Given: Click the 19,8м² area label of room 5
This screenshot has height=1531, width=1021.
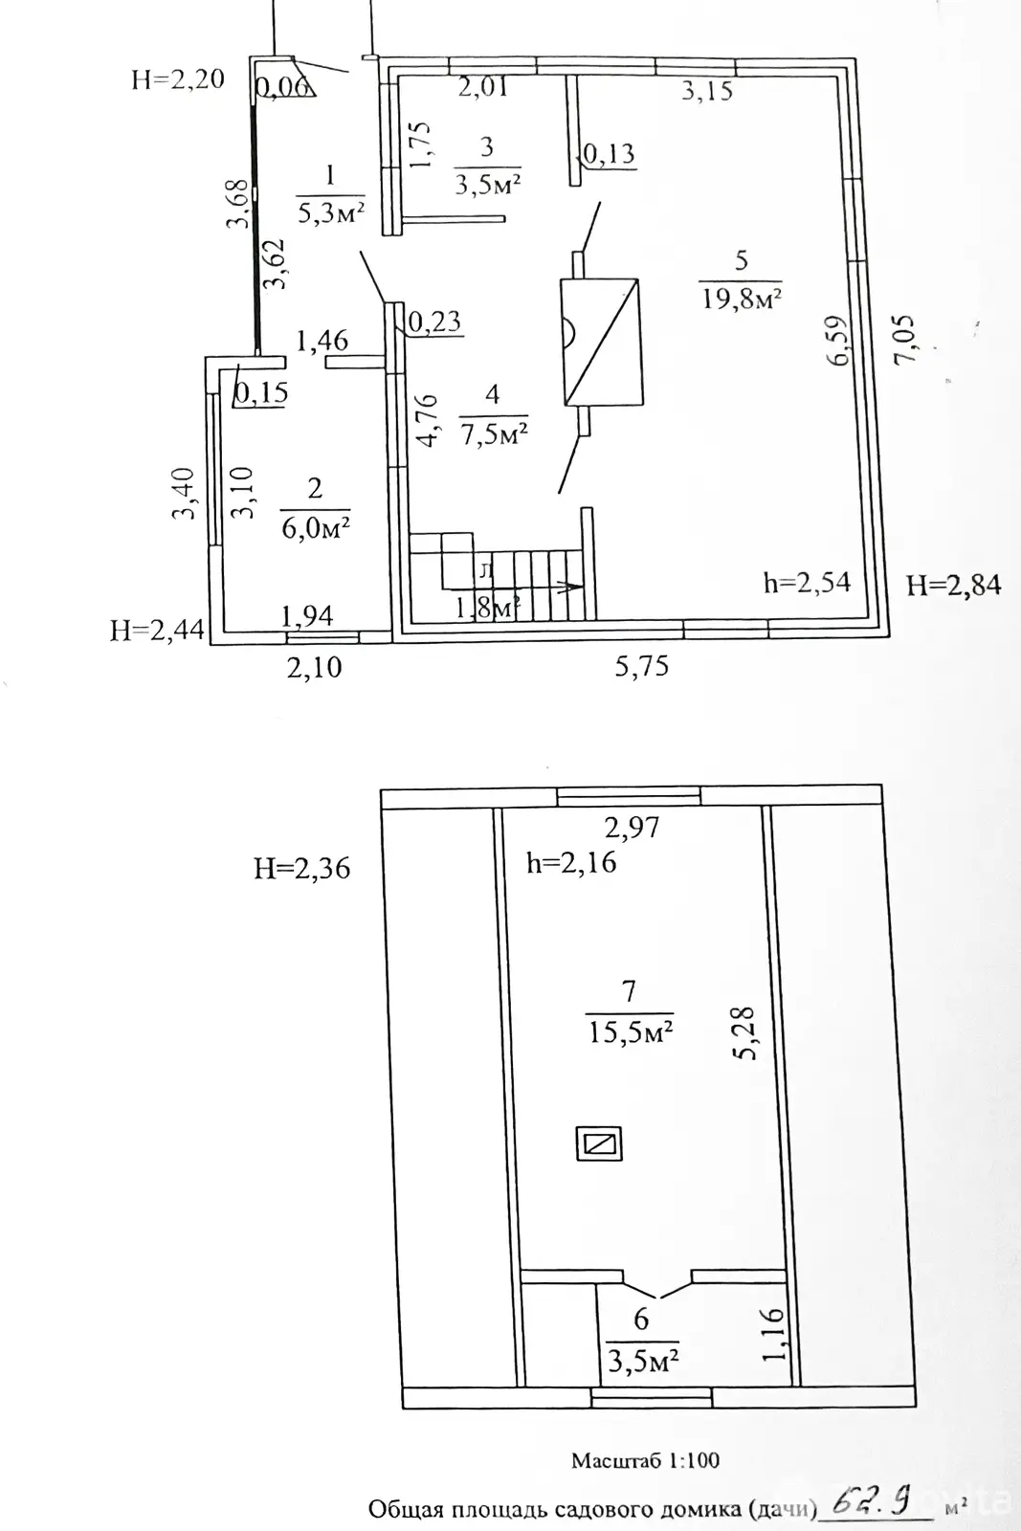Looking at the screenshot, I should tap(742, 299).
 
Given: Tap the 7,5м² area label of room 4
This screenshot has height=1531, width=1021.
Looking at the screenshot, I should tap(493, 433).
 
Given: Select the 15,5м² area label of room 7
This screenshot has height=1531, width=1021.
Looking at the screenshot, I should tap(629, 1031).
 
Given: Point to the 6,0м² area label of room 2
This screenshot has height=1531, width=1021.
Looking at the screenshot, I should tap(315, 526).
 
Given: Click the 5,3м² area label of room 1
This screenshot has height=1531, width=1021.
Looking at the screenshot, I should tap(331, 212).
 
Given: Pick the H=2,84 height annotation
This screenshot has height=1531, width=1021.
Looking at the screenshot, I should tap(953, 584).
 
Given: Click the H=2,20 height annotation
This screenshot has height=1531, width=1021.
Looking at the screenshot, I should tap(178, 78).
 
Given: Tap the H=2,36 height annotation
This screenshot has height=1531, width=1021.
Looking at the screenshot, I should tap(302, 868).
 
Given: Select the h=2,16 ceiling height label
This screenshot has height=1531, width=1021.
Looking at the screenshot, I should tap(571, 862).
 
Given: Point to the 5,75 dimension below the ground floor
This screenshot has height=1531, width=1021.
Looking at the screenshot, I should tap(641, 666).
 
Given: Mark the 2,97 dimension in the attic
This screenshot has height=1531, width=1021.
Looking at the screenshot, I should tap(631, 826).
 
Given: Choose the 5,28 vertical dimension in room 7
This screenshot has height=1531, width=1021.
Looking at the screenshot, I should tap(745, 1032).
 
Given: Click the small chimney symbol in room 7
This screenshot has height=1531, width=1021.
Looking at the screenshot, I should tap(599, 1143).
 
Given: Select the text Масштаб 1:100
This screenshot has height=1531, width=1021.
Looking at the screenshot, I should tap(645, 1461).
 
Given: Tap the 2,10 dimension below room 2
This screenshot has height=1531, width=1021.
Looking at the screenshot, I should tap(315, 666).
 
